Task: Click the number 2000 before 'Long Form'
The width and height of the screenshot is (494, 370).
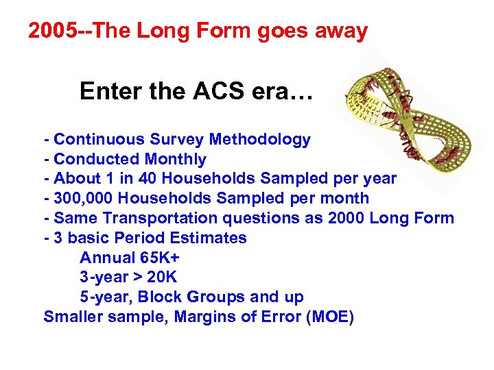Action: (346, 219)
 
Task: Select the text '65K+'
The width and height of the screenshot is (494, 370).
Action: (158, 258)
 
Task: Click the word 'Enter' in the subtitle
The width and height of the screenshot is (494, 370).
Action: (104, 91)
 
